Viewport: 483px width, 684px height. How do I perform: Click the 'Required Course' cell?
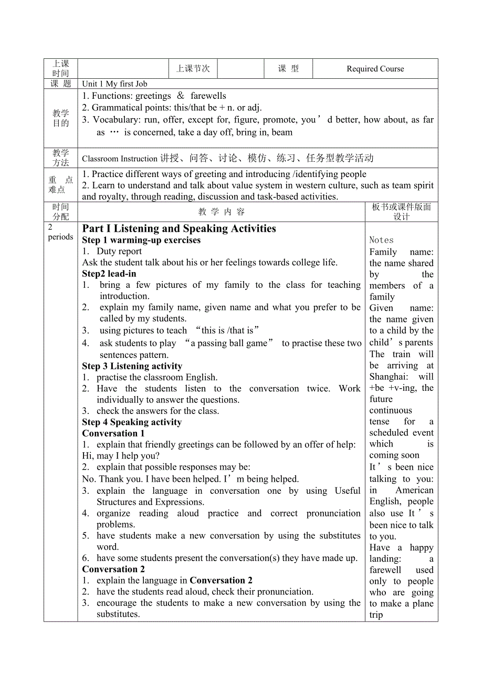(375, 69)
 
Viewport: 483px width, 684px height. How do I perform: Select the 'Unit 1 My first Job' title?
(114, 84)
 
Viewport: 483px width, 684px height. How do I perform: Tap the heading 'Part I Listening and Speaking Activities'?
(179, 229)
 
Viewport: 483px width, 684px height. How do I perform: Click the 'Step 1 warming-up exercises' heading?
(141, 240)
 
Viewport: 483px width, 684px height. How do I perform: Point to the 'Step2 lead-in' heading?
(109, 274)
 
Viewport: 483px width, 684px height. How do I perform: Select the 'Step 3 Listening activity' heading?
(132, 366)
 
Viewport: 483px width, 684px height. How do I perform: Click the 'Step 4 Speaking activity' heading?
(132, 422)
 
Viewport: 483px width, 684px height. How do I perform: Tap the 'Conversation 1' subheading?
(113, 433)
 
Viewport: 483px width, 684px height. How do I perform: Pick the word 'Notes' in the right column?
(381, 240)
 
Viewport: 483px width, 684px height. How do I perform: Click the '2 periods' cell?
(60, 232)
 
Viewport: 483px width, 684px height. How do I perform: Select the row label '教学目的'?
(61, 118)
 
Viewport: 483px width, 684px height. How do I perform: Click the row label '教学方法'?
(61, 158)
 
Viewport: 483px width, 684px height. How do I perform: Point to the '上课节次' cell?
(193, 69)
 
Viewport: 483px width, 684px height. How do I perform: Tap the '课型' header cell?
(288, 69)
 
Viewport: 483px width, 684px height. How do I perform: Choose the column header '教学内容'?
(221, 212)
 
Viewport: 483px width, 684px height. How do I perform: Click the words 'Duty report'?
(119, 251)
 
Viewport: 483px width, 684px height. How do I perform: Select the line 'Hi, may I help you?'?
(121, 456)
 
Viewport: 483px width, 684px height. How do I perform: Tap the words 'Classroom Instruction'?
(120, 159)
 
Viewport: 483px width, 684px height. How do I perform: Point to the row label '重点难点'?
(61, 184)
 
